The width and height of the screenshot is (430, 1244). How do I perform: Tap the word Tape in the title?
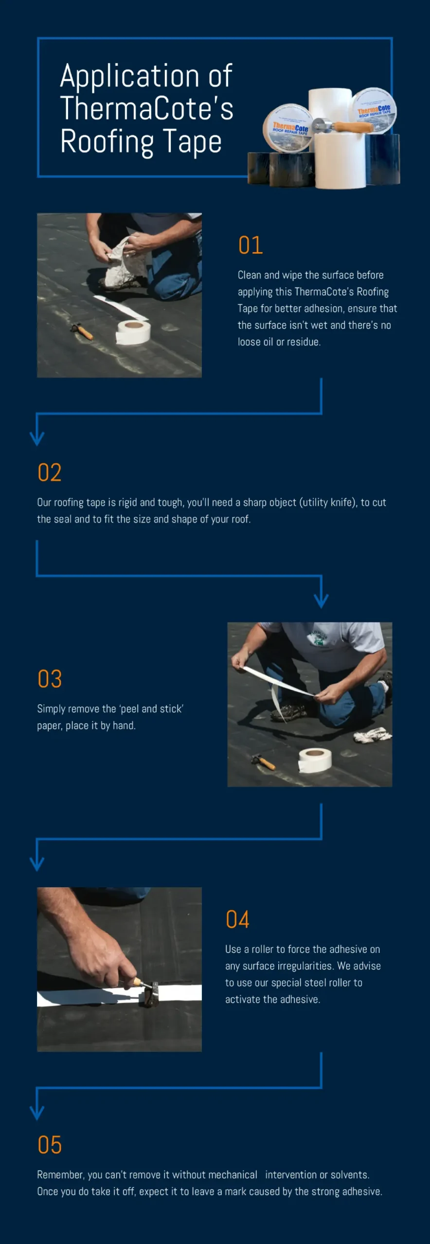192,142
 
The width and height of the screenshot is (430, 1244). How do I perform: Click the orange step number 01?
251,245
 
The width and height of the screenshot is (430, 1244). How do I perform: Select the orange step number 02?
50,472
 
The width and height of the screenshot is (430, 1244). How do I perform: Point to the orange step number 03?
50,679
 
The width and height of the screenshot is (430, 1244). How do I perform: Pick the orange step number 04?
237,919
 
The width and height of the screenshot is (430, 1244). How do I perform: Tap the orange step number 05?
50,1145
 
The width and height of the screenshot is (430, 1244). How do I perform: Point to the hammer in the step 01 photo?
82,331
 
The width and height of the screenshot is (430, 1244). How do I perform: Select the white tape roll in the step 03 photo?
315,760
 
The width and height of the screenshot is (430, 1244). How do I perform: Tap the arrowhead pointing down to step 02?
37,438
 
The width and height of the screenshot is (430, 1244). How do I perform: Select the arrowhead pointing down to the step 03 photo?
321,601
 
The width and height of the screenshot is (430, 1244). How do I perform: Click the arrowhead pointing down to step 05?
37,1113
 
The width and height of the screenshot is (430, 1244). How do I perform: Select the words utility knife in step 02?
328,502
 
